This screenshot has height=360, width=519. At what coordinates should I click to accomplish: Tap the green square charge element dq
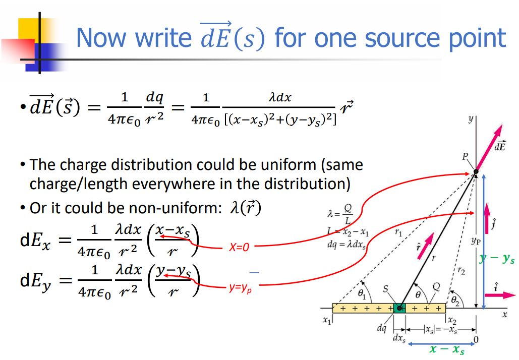(400, 308)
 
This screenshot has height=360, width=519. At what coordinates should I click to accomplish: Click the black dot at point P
(476, 173)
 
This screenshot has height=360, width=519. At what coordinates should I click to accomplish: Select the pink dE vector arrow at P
(489, 149)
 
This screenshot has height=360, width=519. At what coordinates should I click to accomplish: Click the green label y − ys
(497, 259)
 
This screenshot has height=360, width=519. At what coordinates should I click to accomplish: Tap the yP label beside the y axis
(475, 242)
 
